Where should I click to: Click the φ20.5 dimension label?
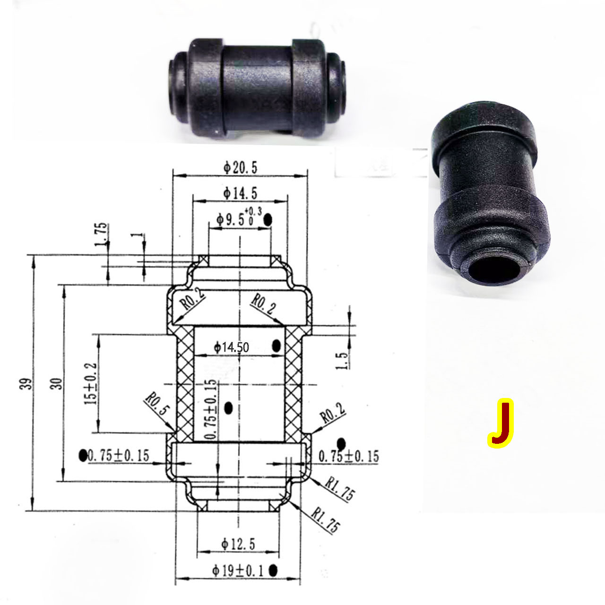tap(241, 167)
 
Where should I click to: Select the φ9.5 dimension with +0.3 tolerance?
tap(235, 219)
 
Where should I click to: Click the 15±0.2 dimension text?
tap(91, 383)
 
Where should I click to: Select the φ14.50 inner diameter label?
tap(231, 347)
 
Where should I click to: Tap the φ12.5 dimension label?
tap(238, 544)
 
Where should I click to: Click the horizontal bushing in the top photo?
tap(259, 88)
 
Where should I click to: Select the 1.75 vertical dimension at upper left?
tap(101, 235)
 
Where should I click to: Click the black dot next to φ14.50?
tap(277, 346)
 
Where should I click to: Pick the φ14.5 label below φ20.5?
tap(240, 193)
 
